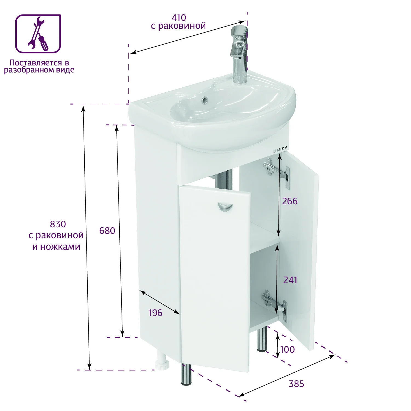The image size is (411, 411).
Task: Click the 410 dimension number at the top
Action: [179, 18]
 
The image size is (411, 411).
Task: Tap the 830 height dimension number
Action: [58, 224]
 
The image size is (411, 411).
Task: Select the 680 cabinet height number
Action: [107, 231]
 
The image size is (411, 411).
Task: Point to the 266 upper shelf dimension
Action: [290, 201]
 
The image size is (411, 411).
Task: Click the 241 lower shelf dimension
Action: [290, 280]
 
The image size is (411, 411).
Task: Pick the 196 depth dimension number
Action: [155, 313]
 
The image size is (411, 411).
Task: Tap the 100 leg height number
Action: [288, 350]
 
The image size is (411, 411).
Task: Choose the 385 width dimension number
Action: [296, 384]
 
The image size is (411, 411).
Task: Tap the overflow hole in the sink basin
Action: [205, 100]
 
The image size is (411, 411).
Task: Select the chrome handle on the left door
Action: [225, 207]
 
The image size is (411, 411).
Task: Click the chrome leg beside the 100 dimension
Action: [262, 339]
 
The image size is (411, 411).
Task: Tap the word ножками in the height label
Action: [60, 247]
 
